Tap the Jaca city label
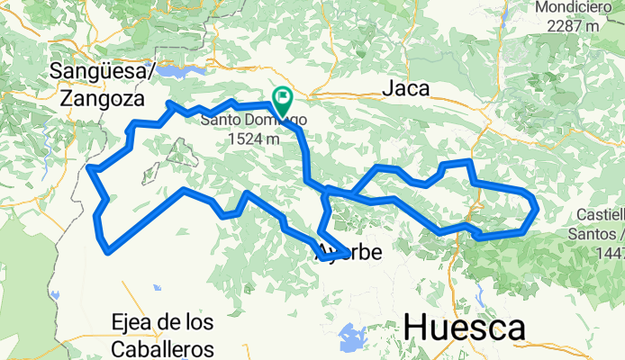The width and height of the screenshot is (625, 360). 405,88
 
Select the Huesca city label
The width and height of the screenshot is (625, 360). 465,328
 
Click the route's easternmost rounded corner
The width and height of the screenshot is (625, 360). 537,208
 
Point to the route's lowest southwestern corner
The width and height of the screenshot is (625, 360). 108,252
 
